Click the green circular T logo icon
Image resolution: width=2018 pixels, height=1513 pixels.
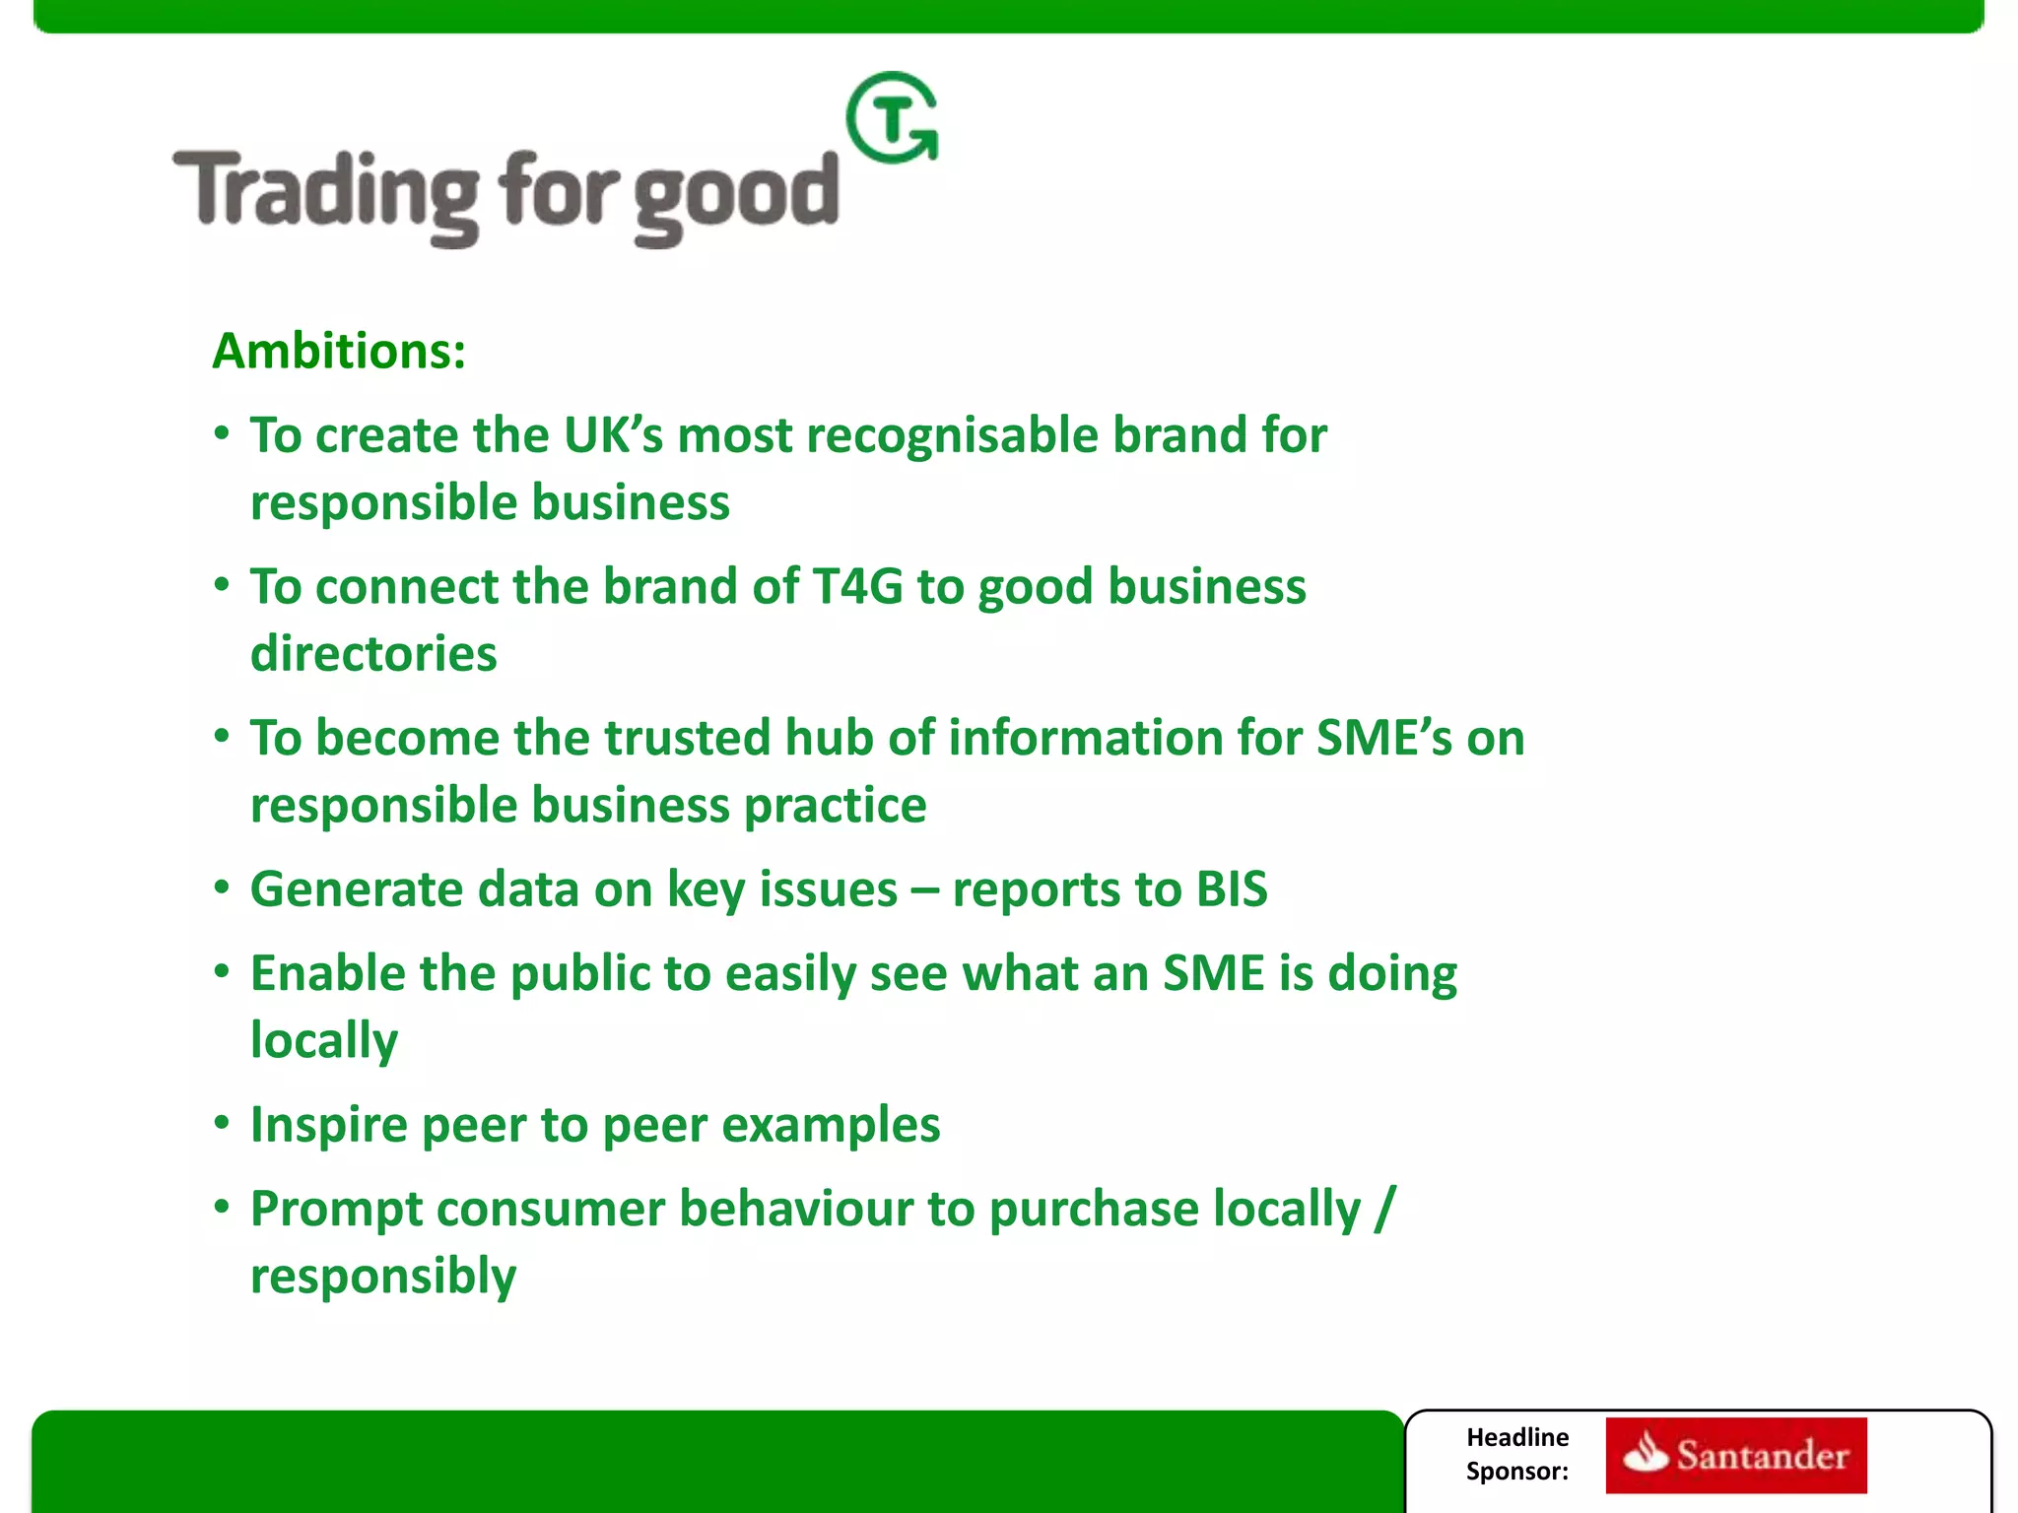(892, 118)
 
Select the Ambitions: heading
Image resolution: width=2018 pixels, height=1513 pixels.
(339, 351)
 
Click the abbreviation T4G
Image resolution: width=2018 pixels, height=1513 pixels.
(857, 587)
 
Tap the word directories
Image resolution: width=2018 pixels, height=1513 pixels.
(373, 654)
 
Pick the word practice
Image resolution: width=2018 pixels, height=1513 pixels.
(835, 806)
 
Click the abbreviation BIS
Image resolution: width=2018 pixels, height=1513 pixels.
(1231, 889)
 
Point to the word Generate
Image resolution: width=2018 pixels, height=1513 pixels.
(352, 889)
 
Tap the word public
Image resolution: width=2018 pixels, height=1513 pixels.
(579, 974)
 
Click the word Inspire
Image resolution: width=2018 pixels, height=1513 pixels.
(327, 1125)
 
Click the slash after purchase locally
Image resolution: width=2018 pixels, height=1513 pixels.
(1384, 1209)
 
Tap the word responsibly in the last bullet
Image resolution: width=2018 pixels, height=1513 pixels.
(383, 1277)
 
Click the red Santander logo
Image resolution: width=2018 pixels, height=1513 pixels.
(1735, 1455)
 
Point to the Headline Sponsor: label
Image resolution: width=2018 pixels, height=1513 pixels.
(1516, 1454)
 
